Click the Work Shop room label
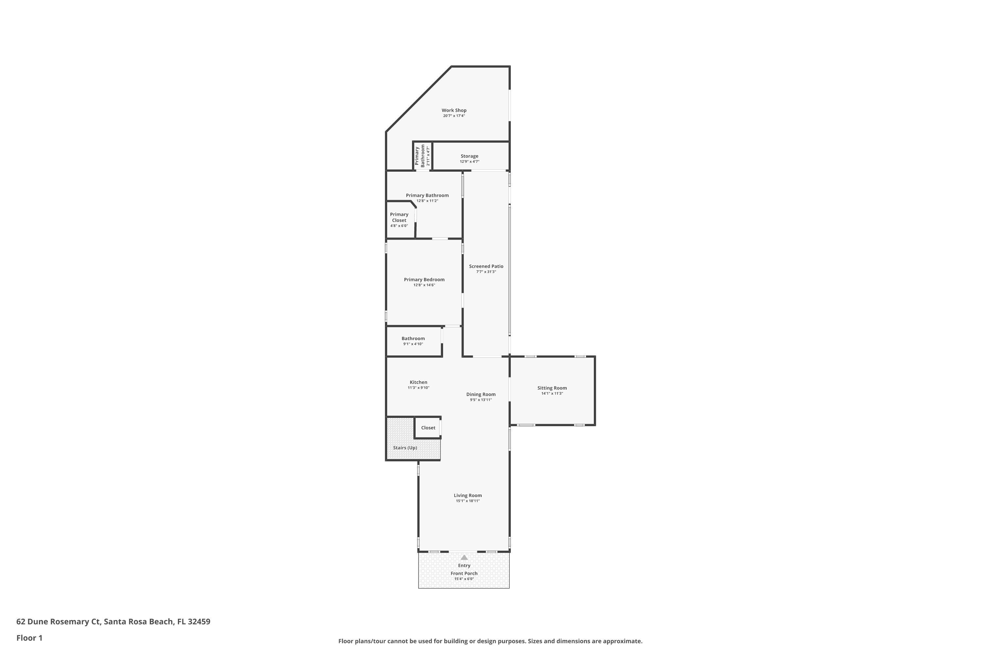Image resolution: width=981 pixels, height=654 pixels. (x=454, y=111)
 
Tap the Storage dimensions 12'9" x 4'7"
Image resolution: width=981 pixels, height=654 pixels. (x=469, y=162)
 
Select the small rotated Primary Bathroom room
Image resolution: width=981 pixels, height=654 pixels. (x=422, y=156)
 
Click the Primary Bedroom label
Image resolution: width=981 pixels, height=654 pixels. (x=424, y=280)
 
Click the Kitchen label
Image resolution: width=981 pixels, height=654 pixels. (x=418, y=382)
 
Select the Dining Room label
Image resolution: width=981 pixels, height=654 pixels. (x=480, y=394)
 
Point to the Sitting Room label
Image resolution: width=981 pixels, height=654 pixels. (x=552, y=388)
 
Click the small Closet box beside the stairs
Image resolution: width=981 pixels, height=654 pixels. (x=427, y=427)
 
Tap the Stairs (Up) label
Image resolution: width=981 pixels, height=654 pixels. (x=404, y=448)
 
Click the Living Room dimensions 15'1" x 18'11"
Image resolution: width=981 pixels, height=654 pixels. (x=468, y=501)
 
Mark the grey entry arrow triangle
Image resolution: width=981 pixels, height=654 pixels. (x=464, y=557)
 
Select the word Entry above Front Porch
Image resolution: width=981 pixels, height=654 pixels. (x=464, y=566)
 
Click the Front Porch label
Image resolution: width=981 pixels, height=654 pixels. (x=464, y=574)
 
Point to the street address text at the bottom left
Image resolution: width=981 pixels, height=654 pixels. (x=113, y=622)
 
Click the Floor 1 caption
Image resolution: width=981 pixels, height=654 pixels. (x=29, y=638)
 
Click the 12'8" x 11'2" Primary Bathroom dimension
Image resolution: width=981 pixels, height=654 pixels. (x=427, y=201)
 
